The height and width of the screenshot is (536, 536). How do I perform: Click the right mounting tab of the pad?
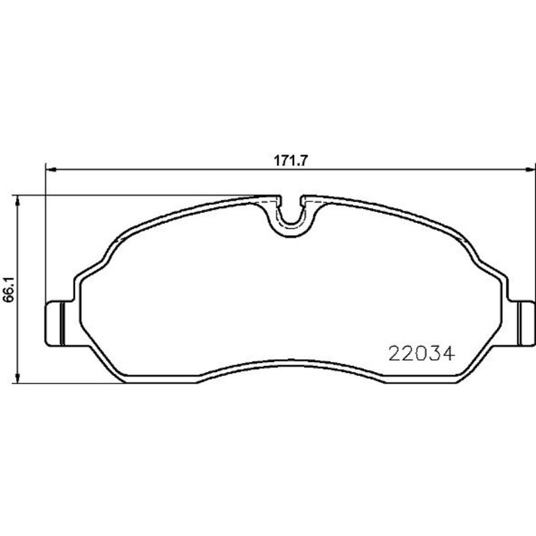pos(526,322)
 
